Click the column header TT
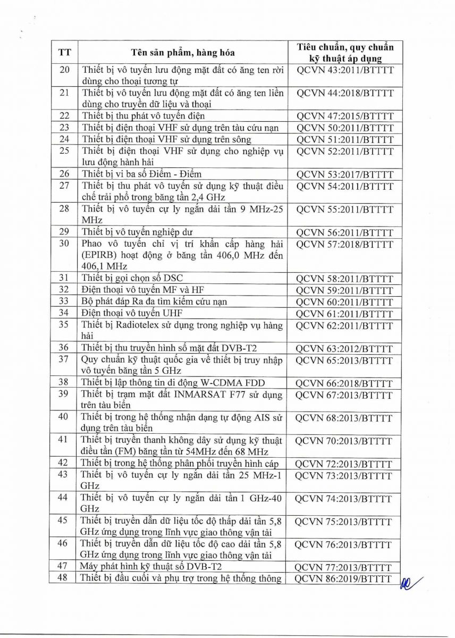pos(64,53)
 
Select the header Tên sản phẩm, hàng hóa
pos(183,53)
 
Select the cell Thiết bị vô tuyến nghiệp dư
pos(137,232)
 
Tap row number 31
pos(64,278)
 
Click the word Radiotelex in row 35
pos(131,325)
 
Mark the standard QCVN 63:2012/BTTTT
pos(344,349)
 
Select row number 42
pos(63,463)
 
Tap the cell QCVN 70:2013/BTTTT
pos(344,441)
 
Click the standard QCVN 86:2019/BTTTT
pos(344,579)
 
